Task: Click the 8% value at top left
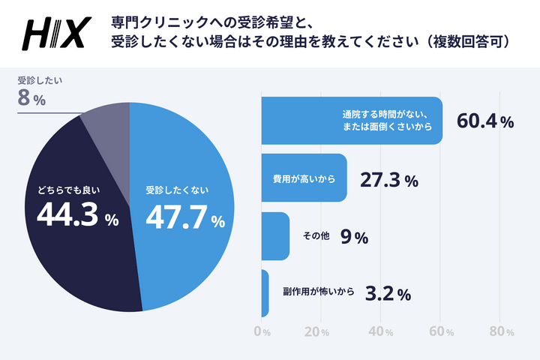click(31, 98)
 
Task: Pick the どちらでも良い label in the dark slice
click(69, 190)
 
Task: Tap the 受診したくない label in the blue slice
click(177, 190)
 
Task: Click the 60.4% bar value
click(485, 121)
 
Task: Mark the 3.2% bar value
click(387, 293)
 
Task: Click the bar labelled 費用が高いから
click(304, 178)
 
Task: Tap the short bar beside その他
click(275, 236)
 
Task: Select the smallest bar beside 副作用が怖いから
click(265, 293)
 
